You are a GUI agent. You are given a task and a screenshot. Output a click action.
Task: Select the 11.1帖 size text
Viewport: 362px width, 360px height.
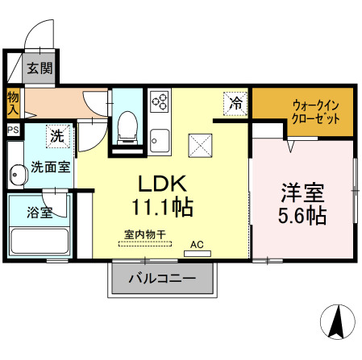click(161, 208)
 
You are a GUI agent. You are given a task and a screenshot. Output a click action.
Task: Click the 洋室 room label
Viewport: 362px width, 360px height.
click(302, 193)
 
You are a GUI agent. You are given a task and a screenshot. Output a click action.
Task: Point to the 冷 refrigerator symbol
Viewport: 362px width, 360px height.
click(235, 103)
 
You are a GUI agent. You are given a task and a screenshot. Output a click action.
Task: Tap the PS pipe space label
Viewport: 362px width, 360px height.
click(13, 129)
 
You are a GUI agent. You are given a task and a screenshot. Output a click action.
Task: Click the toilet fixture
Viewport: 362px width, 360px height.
click(125, 127)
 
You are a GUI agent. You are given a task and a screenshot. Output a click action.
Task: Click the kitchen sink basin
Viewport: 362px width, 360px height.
click(160, 138)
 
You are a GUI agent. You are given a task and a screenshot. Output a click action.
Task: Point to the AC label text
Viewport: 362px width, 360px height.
click(196, 242)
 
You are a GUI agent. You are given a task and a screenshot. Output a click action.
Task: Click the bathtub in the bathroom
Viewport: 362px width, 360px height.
click(40, 241)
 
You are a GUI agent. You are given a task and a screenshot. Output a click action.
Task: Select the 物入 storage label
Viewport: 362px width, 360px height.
click(13, 103)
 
